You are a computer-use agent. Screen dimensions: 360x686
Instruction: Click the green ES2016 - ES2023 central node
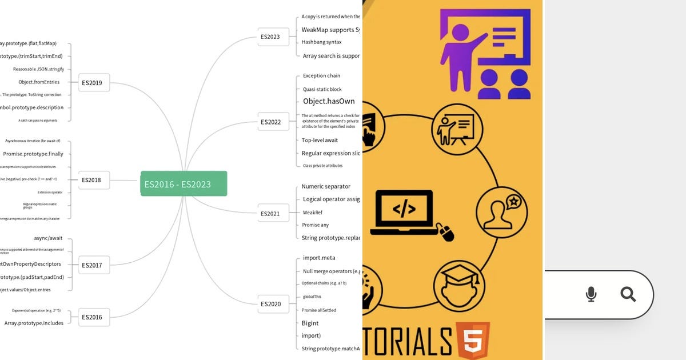pyautogui.click(x=184, y=183)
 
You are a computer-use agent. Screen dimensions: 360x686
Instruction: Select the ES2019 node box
pyautogui.click(x=92, y=82)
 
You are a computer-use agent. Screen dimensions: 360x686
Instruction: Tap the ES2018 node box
pyautogui.click(x=91, y=180)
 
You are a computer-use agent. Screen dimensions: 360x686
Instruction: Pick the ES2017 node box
pyautogui.click(x=92, y=265)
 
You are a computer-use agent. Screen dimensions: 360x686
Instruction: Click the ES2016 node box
pyautogui.click(x=92, y=317)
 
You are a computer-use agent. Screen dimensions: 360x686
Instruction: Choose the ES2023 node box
pyautogui.click(x=270, y=37)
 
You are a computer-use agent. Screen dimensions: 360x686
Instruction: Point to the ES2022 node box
pyautogui.click(x=270, y=122)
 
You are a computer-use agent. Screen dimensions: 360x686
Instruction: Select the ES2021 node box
pyautogui.click(x=270, y=214)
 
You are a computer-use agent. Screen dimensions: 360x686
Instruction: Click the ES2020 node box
pyautogui.click(x=270, y=304)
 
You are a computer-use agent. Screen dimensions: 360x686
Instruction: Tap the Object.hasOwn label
pyautogui.click(x=329, y=101)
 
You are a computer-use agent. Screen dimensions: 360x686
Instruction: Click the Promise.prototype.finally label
pyautogui.click(x=33, y=154)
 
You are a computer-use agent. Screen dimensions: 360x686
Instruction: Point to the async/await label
pyautogui.click(x=48, y=238)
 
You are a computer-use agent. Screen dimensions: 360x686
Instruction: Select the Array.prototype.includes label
pyautogui.click(x=34, y=323)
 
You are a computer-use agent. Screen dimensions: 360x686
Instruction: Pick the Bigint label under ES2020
pyautogui.click(x=310, y=323)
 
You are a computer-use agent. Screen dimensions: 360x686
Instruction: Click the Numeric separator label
pyautogui.click(x=326, y=186)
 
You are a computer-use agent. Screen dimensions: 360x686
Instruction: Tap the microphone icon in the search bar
pyautogui.click(x=591, y=294)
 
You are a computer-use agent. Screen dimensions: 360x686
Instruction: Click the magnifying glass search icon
pyautogui.click(x=628, y=294)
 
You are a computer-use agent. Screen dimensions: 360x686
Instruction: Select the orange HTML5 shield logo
pyautogui.click(x=473, y=341)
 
